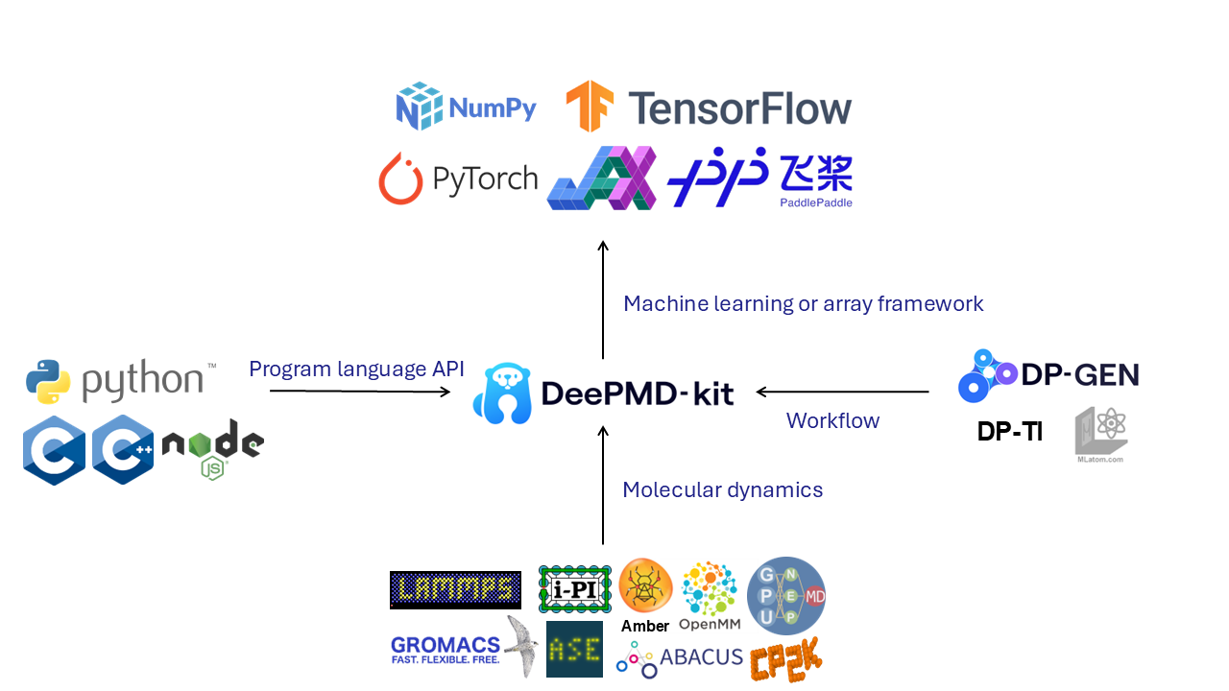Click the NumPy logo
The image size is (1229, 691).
[467, 107]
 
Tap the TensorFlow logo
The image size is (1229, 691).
[709, 107]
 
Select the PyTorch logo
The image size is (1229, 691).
[458, 179]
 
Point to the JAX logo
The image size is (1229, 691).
[602, 178]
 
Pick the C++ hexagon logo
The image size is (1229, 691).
[123, 449]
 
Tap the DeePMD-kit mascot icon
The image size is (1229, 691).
[501, 393]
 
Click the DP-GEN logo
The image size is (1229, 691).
[1048, 375]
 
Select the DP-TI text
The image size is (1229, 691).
[1009, 432]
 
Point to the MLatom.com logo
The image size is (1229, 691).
[1100, 435]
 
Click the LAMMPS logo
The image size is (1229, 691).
[455, 590]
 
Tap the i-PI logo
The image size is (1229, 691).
[575, 588]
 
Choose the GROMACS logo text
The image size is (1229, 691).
[446, 650]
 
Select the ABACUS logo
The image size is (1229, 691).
[680, 659]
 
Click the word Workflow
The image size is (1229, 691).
[832, 420]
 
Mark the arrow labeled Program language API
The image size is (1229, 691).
[359, 391]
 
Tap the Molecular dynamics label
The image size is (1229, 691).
[722, 489]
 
